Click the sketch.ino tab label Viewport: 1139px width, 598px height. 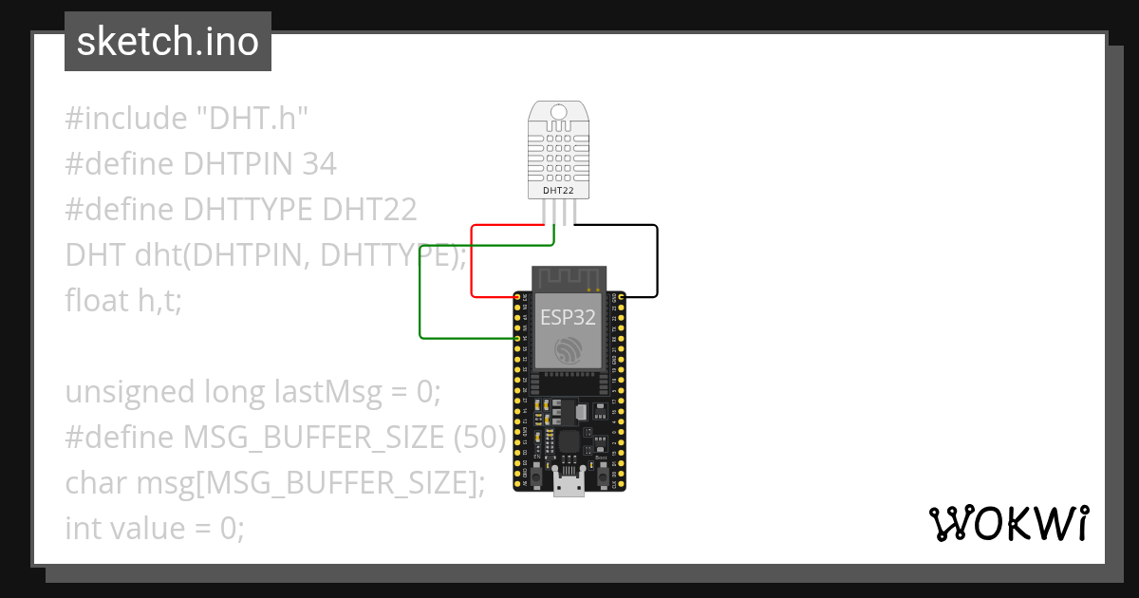168,42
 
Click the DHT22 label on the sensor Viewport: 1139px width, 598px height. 558,190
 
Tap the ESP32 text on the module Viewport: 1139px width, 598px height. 568,317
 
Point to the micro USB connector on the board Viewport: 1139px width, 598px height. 569,485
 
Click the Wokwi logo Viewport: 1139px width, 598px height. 1008,524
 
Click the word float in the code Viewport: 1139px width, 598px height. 96,300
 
